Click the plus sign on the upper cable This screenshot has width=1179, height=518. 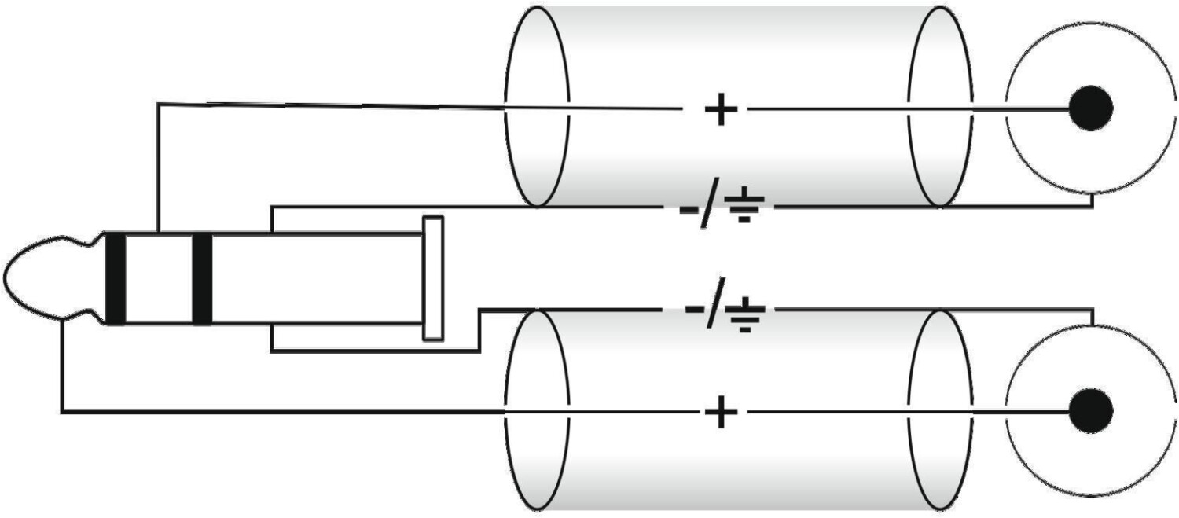click(721, 109)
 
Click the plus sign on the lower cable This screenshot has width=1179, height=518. click(721, 412)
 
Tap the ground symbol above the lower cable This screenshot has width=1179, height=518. click(744, 314)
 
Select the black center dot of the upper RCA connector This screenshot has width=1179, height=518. click(1091, 108)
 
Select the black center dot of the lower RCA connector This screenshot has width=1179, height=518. click(1091, 410)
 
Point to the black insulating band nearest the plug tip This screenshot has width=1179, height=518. click(116, 277)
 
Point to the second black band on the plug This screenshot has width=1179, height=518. click(202, 277)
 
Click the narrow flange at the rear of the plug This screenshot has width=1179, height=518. click(433, 278)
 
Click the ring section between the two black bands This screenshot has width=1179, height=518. click(159, 277)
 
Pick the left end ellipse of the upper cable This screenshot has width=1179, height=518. click(505, 105)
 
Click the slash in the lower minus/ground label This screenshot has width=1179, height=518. click(714, 302)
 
